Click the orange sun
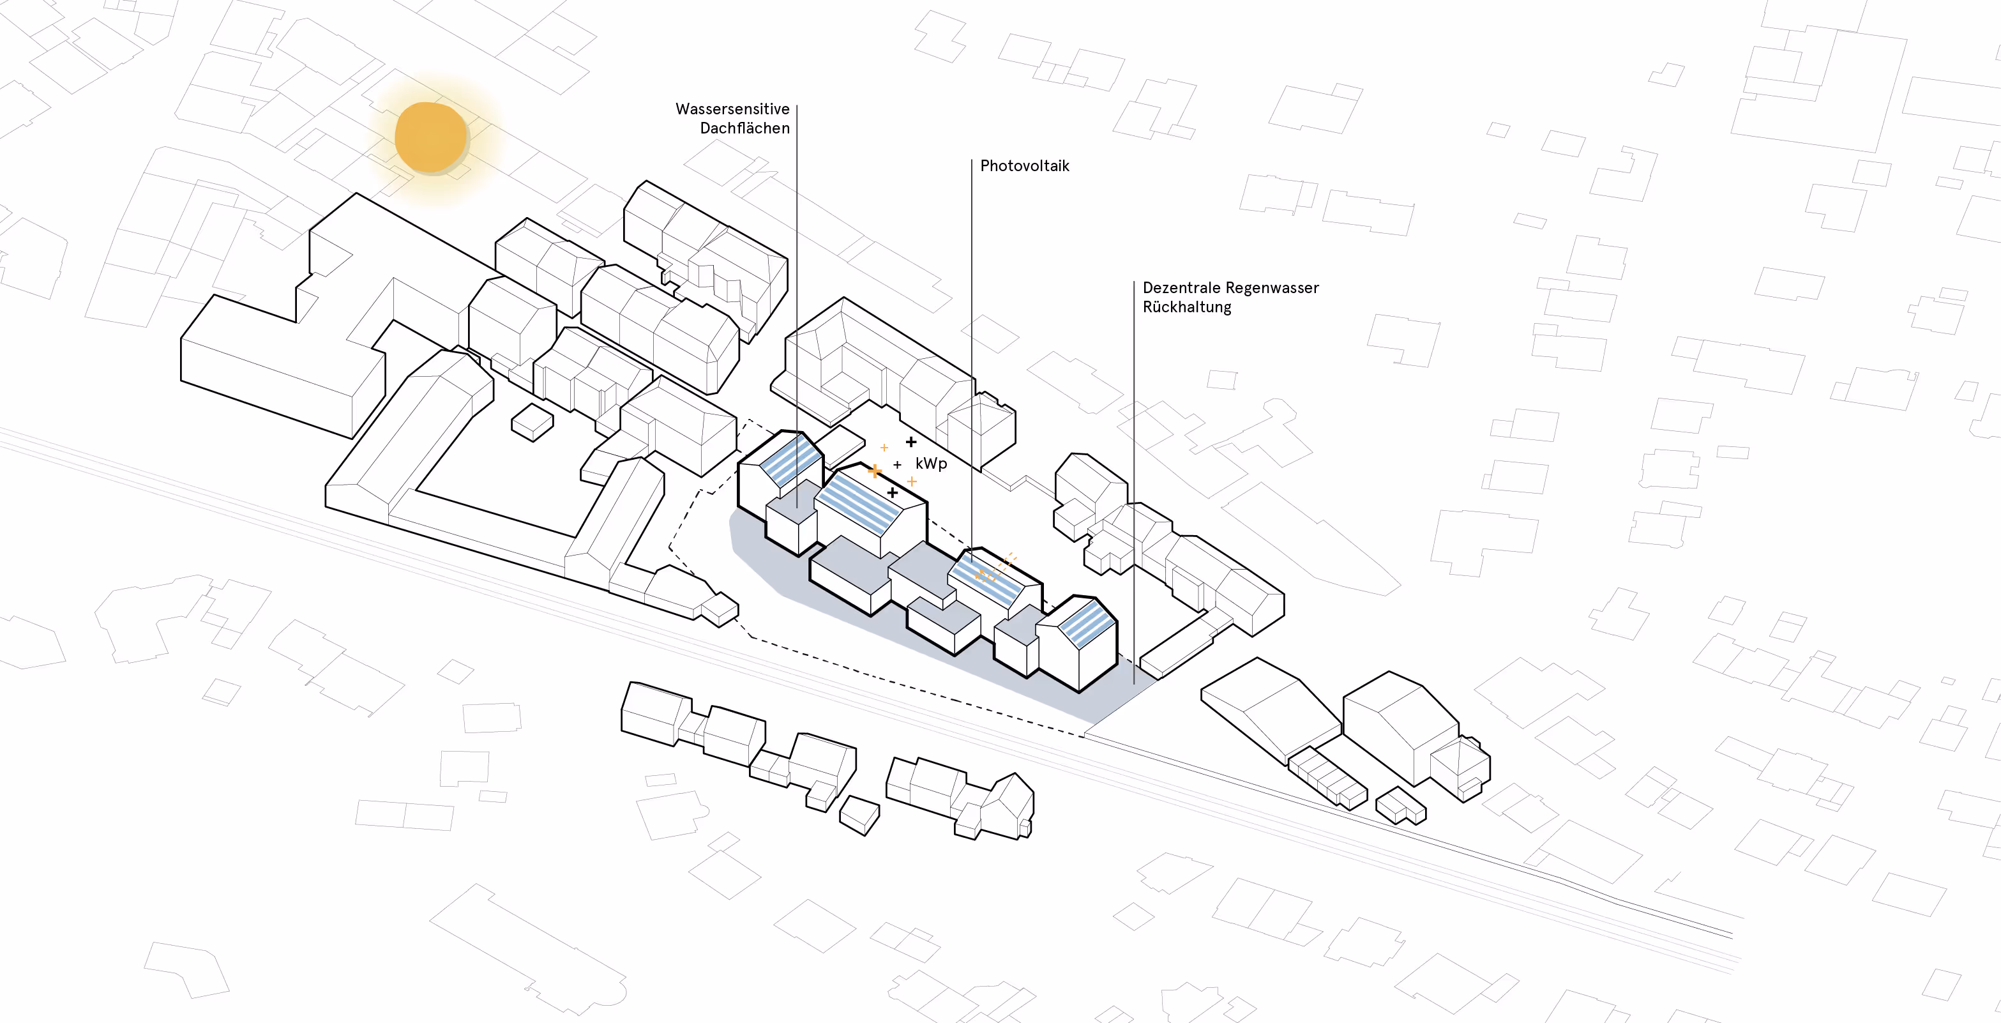tap(430, 137)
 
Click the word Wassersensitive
tap(732, 109)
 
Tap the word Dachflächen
tap(744, 128)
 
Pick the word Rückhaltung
tap(1186, 307)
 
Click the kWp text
tap(931, 464)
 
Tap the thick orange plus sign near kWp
tap(875, 471)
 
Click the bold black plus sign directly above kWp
tap(911, 442)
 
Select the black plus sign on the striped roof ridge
tap(893, 492)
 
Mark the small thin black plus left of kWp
tap(897, 464)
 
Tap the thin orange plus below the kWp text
tap(912, 481)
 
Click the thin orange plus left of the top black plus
tap(884, 448)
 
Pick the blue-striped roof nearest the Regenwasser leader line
tap(1087, 624)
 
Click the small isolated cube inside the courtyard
tap(532, 422)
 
